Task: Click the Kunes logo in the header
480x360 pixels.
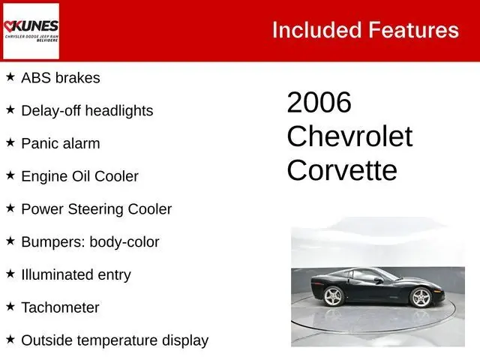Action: click(31, 31)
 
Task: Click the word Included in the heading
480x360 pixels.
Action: click(316, 30)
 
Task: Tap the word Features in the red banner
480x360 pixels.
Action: click(414, 30)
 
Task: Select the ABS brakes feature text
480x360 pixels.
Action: click(61, 77)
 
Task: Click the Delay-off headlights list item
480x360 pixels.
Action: click(87, 110)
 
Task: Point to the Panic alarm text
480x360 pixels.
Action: click(61, 143)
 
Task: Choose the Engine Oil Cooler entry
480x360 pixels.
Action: click(79, 176)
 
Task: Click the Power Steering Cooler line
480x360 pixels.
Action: click(97, 209)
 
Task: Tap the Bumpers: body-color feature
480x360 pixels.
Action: click(90, 242)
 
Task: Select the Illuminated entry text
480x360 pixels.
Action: click(76, 274)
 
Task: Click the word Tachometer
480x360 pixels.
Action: click(60, 307)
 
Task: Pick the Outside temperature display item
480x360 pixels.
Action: click(115, 340)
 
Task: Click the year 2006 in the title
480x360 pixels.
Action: click(319, 103)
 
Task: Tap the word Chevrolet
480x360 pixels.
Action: click(349, 136)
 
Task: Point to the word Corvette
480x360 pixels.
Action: click(342, 170)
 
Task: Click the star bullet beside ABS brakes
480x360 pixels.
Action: click(10, 76)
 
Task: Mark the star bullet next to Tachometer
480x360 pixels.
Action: click(10, 307)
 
